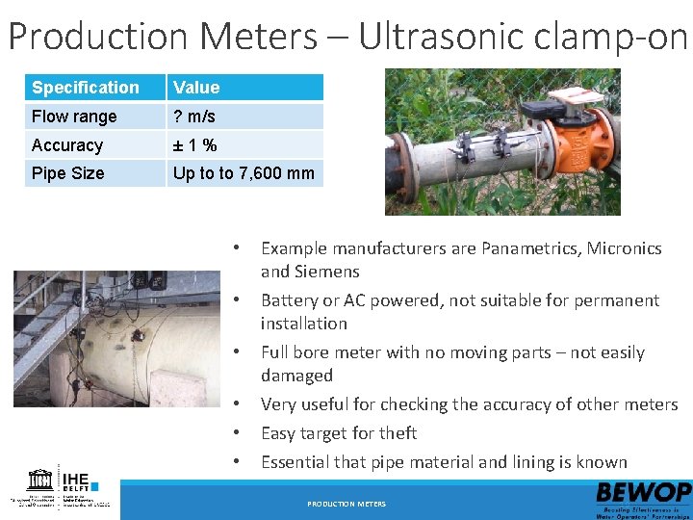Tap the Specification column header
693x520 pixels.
coord(86,88)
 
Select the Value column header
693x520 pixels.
coord(196,88)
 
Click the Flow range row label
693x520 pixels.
coord(74,117)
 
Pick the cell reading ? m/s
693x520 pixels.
coord(194,117)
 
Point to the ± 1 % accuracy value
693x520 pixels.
coord(194,145)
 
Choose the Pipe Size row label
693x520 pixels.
coord(67,173)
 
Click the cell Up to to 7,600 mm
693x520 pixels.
coord(244,173)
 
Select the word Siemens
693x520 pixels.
coord(324,272)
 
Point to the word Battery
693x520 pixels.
coord(293,300)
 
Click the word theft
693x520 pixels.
coord(398,433)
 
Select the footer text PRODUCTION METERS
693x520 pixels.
coord(346,504)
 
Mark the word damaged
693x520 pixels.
coord(296,376)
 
